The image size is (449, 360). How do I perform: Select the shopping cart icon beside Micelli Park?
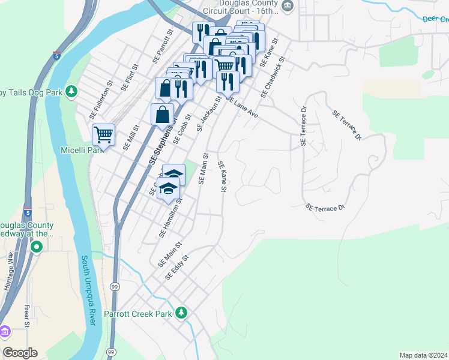coord(104,135)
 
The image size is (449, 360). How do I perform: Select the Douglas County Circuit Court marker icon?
coord(288,6)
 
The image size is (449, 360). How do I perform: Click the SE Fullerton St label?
coord(101,100)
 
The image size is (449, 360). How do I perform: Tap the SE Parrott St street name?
coord(163,47)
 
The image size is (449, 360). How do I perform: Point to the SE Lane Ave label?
coord(242,106)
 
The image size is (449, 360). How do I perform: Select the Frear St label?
coord(27,316)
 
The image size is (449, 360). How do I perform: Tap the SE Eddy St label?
coord(177,267)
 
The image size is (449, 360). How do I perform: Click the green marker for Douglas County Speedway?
coord(37,247)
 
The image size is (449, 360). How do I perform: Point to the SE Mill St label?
coord(131,137)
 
